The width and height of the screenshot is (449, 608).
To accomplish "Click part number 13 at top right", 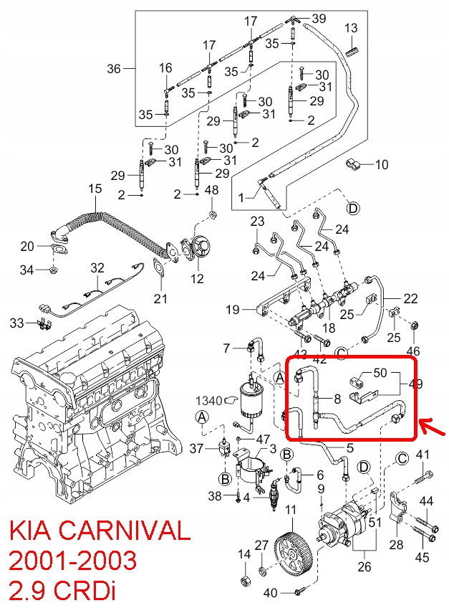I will (x=351, y=28).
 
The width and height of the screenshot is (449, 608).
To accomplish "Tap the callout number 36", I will (x=115, y=69).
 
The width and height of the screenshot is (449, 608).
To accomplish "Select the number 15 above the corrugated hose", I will (x=95, y=189).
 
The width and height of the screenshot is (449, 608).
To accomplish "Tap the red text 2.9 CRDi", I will (x=61, y=590).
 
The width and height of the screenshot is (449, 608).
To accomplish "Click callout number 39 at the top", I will (x=319, y=18).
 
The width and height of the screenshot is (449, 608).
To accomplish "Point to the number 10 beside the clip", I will (x=381, y=165).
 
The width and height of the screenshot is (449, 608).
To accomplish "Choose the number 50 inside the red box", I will (x=380, y=373).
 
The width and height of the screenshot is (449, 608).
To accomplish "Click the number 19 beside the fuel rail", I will (x=232, y=310).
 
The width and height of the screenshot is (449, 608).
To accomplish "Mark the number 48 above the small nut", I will (x=212, y=190).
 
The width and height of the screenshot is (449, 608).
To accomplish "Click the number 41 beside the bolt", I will (x=423, y=454).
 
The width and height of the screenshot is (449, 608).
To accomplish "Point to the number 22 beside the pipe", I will (x=410, y=299).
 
